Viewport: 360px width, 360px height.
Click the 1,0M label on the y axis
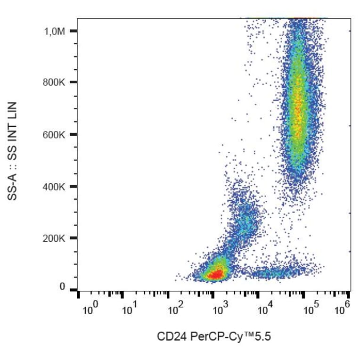(x=55, y=31)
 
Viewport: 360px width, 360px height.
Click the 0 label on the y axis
(x=62, y=287)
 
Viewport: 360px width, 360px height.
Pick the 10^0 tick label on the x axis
(x=90, y=311)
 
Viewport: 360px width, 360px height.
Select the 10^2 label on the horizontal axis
(x=175, y=311)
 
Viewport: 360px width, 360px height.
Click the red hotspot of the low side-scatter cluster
(x=216, y=275)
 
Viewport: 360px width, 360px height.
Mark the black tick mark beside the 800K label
(x=73, y=82)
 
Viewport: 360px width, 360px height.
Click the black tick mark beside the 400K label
(x=73, y=187)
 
